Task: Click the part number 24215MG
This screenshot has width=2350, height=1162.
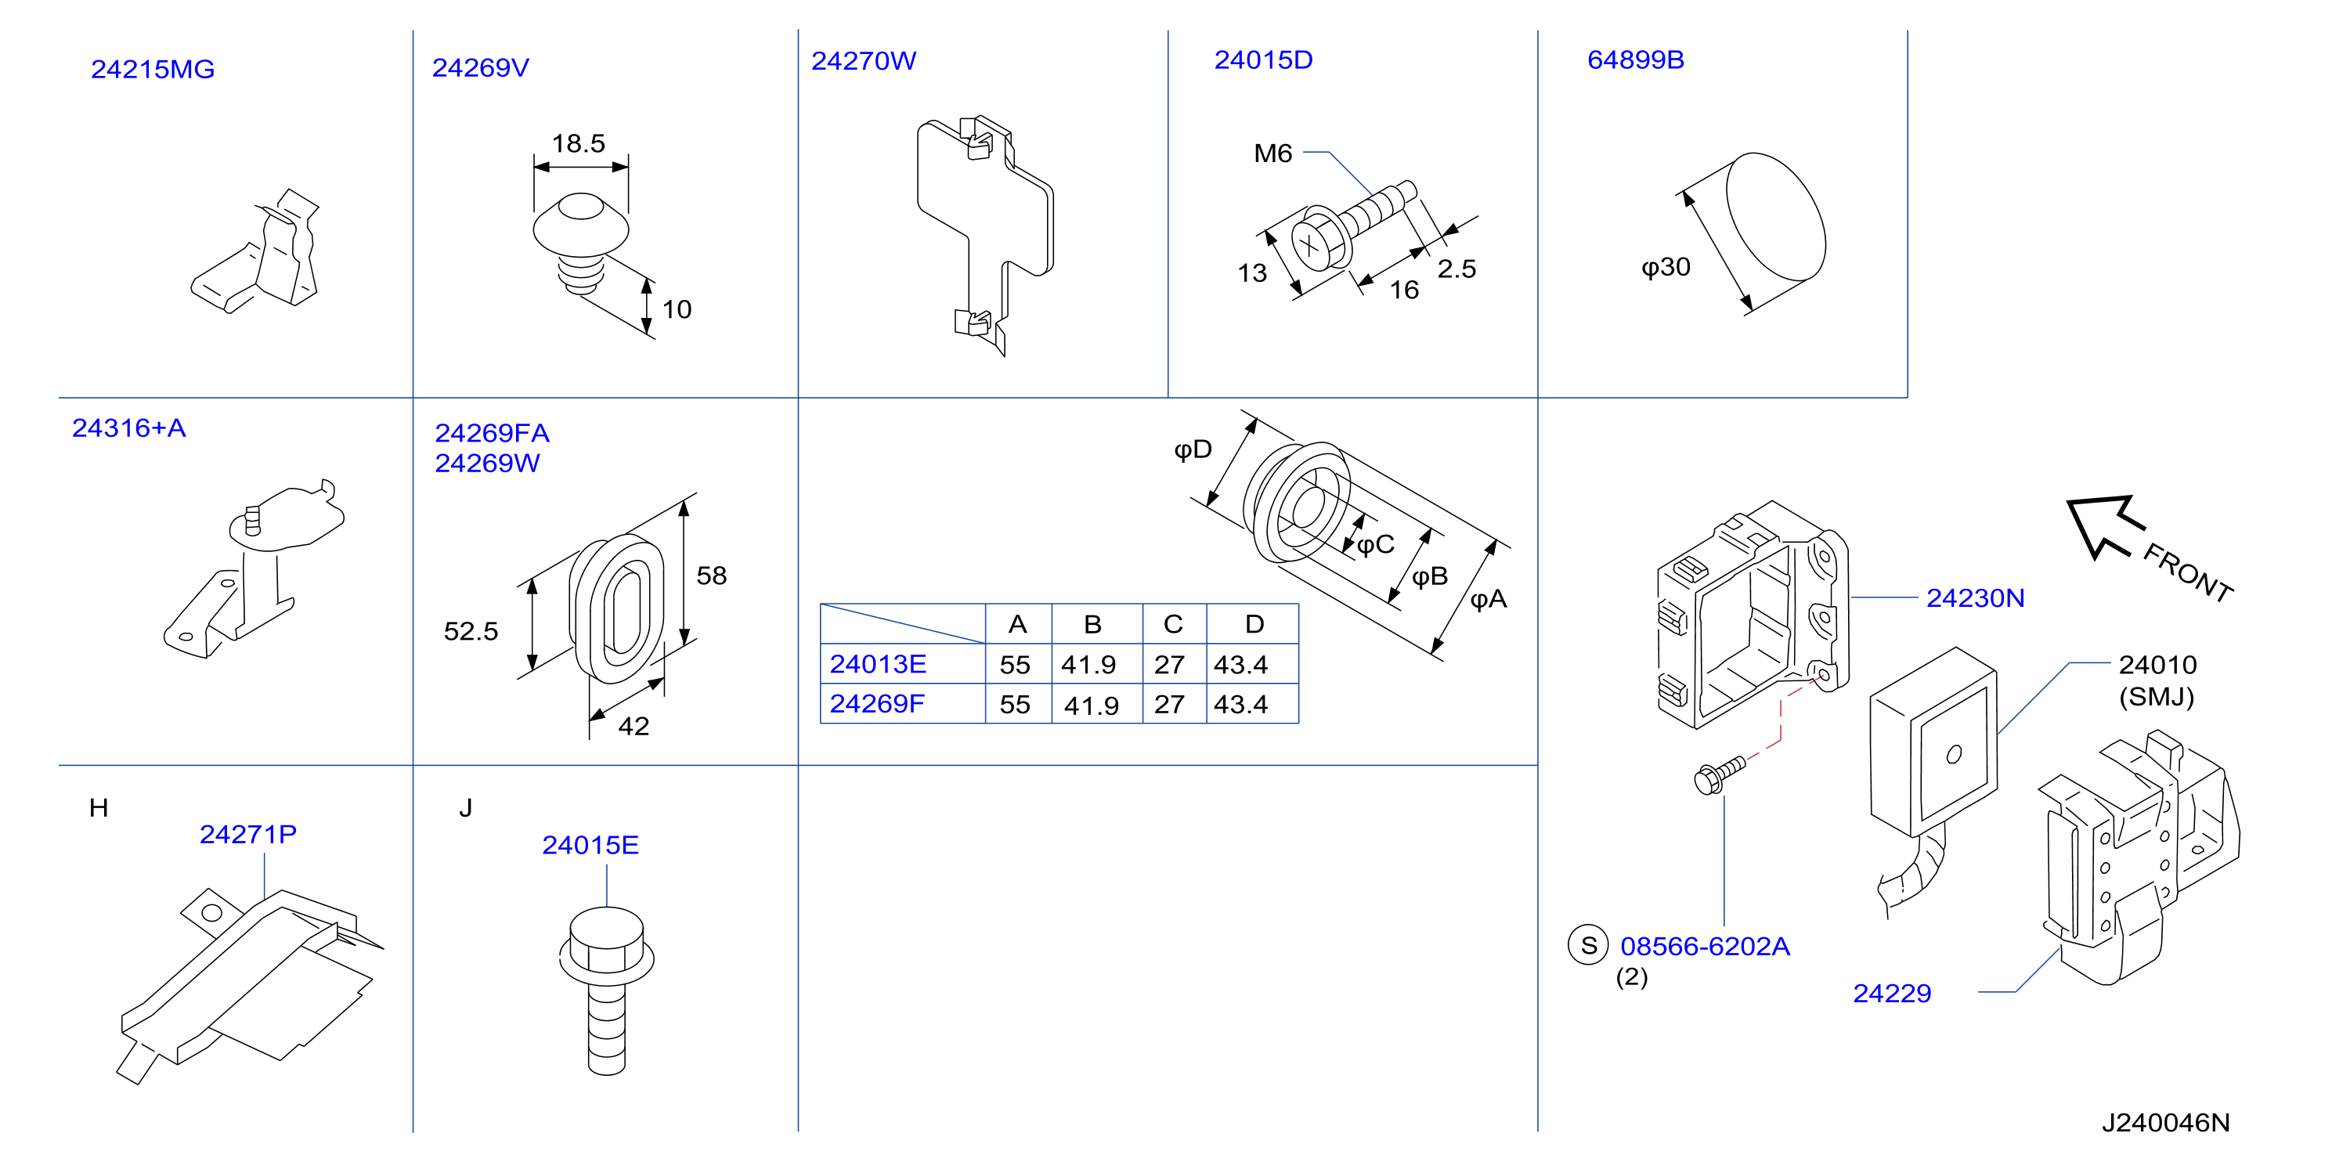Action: click(x=153, y=70)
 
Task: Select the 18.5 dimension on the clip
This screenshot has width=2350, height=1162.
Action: click(x=579, y=143)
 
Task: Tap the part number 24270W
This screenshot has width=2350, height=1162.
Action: click(x=863, y=60)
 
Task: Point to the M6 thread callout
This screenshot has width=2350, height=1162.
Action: click(x=1272, y=153)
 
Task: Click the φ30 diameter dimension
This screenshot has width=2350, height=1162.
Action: click(x=1666, y=267)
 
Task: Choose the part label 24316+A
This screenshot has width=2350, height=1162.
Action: click(x=128, y=428)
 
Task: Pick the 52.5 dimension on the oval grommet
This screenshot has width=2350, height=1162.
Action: click(x=471, y=631)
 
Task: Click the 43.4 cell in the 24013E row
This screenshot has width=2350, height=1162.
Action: click(x=1240, y=665)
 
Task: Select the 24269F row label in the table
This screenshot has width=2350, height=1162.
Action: click(x=877, y=704)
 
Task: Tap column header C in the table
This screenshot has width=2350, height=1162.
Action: click(x=1173, y=625)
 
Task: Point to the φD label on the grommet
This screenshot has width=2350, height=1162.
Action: click(x=1193, y=449)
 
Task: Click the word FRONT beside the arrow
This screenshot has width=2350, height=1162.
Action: click(x=2188, y=572)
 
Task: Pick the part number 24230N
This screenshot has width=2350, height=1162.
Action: click(x=1975, y=598)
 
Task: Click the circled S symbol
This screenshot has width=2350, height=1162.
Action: click(x=1588, y=945)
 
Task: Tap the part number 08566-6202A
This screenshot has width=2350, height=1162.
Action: click(x=1705, y=947)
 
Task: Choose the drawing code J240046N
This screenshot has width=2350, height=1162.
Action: click(x=2166, y=1123)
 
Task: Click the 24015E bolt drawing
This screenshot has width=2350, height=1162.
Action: click(x=607, y=991)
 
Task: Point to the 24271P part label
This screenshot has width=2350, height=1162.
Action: click(x=248, y=835)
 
